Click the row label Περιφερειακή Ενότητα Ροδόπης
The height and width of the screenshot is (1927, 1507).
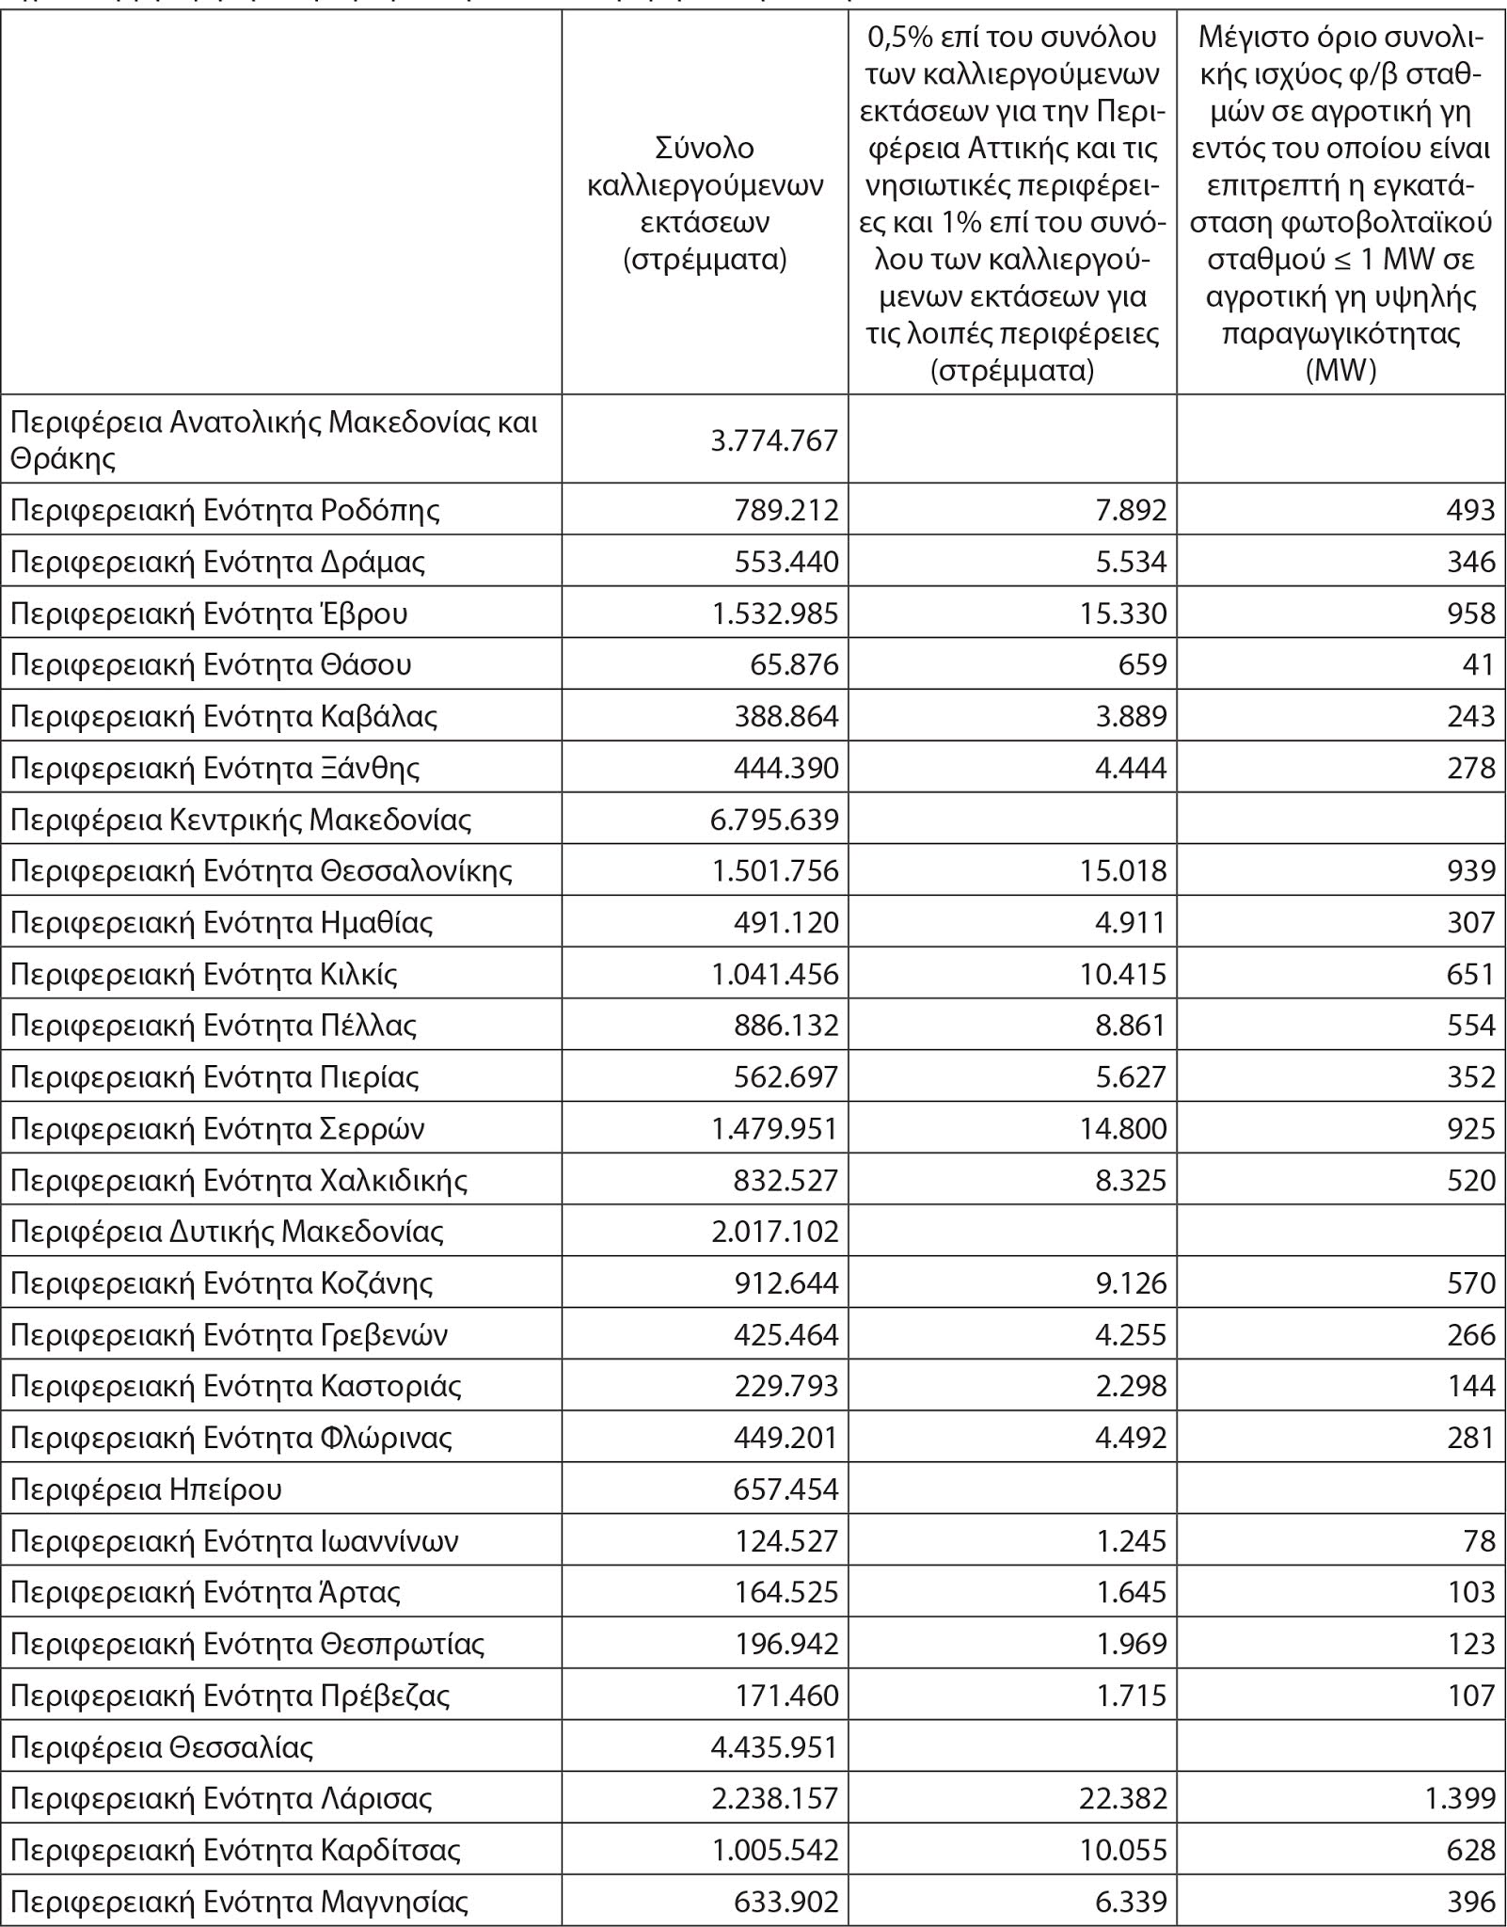(x=225, y=510)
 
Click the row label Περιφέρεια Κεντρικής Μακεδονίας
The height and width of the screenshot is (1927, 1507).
(x=241, y=820)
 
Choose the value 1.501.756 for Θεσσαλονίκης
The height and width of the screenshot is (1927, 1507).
(x=775, y=870)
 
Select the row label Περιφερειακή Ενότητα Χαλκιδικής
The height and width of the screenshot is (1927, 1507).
(x=239, y=1180)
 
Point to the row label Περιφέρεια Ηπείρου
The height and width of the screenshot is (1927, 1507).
(x=146, y=1489)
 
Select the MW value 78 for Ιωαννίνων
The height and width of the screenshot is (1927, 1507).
(x=1479, y=1541)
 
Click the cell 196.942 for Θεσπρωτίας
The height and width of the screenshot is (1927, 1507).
(x=785, y=1644)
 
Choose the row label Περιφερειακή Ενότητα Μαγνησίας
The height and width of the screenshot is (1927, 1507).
(x=239, y=1902)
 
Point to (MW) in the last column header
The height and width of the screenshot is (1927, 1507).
(x=1340, y=371)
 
